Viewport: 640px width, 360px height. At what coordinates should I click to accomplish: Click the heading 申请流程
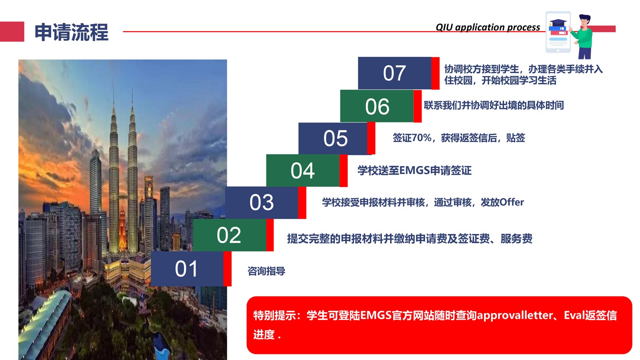[x=72, y=32]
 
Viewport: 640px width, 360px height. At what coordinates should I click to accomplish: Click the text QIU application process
[x=488, y=27]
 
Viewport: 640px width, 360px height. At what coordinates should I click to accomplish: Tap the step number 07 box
[x=394, y=73]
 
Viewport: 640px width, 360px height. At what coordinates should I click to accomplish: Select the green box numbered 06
[x=377, y=106]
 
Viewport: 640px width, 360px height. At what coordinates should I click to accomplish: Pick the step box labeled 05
[x=333, y=138]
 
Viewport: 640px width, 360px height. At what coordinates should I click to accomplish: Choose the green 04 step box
[x=303, y=170]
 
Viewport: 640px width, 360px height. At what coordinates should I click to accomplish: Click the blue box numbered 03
[x=262, y=202]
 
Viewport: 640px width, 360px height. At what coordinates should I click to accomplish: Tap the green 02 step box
[x=230, y=235]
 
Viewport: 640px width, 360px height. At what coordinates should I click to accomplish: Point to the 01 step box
[x=187, y=269]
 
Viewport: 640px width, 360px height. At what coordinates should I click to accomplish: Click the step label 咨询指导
[x=266, y=271]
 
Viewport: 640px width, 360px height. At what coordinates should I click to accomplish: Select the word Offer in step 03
[x=512, y=202]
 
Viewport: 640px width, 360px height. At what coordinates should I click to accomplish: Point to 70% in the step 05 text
[x=422, y=138]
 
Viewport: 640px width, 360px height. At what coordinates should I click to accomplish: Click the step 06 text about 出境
[x=494, y=105]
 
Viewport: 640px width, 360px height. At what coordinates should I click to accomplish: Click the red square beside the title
[x=12, y=32]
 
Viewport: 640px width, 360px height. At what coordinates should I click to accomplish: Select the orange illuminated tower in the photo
[x=122, y=230]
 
